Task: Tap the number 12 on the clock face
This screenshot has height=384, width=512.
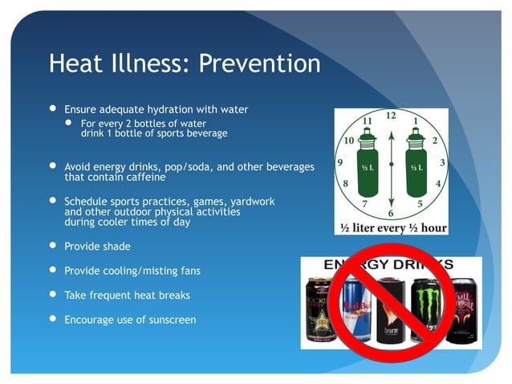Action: click(x=390, y=116)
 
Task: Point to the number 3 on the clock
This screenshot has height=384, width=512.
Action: click(x=443, y=163)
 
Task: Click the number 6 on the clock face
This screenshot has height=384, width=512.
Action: click(x=391, y=213)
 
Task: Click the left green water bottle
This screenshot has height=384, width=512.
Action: click(x=366, y=165)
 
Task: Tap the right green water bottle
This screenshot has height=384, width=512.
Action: click(x=416, y=165)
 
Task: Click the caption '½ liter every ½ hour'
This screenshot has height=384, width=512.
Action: click(x=391, y=227)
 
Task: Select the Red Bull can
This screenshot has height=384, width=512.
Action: click(x=356, y=310)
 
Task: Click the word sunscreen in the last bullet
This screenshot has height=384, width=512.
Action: click(x=171, y=319)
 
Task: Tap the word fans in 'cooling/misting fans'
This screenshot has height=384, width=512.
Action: click(x=189, y=271)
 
